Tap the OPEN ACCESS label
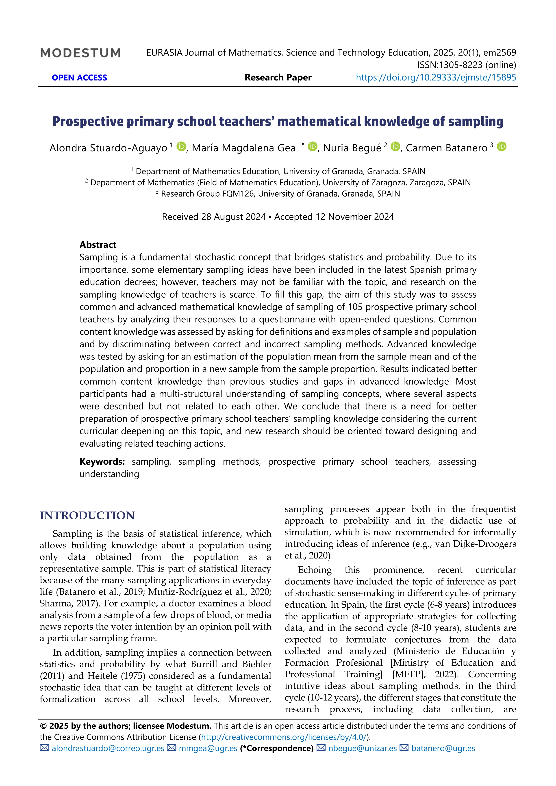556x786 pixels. point(79,78)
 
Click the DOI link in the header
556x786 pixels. point(436,77)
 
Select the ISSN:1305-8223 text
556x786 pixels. point(466,65)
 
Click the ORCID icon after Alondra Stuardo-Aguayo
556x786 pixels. point(181,147)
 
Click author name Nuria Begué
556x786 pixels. point(352,148)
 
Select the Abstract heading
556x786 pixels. point(98,245)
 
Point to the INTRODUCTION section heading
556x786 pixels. point(87,515)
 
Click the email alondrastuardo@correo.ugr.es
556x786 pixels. point(108,748)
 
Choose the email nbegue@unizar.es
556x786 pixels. point(363,748)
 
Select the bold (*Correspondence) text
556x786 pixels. point(277,748)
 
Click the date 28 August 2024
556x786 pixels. point(233,217)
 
